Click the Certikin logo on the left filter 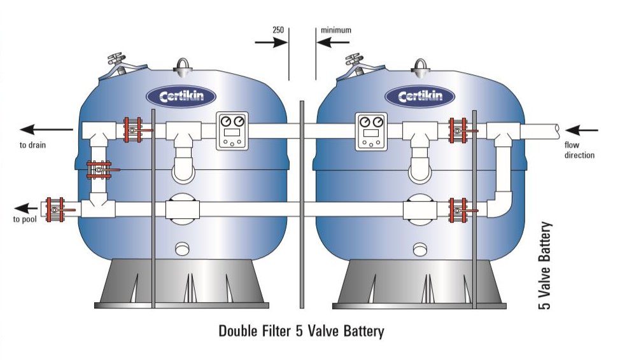(181, 97)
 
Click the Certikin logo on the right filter (419, 97)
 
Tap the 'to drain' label (32, 145)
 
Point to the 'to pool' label (25, 220)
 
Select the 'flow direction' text (579, 150)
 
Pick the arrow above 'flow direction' (582, 130)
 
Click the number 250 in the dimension (278, 30)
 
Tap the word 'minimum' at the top (335, 30)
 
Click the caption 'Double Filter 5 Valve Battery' (301, 331)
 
